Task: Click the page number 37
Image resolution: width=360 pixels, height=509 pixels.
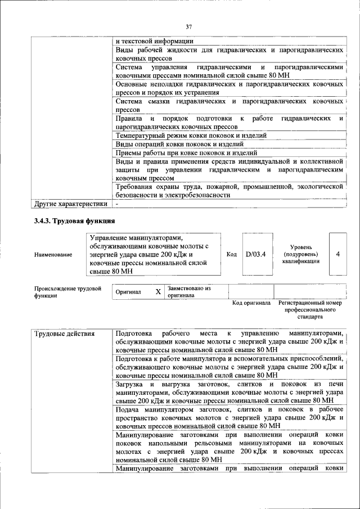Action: [189, 26]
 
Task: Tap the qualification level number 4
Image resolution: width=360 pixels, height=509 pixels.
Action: [337, 254]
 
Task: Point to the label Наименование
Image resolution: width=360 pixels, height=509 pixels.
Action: [53, 255]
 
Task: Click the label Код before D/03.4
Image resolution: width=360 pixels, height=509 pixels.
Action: [231, 254]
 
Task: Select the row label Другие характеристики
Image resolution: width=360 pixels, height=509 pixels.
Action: [70, 204]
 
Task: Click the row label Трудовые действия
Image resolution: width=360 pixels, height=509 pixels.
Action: [65, 334]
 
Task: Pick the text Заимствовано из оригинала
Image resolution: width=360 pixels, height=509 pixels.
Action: [188, 291]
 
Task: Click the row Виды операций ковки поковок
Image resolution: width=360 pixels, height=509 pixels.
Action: [171, 144]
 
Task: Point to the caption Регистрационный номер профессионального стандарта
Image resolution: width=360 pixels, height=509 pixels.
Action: [310, 309]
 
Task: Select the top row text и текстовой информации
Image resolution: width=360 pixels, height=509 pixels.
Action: [154, 40]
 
